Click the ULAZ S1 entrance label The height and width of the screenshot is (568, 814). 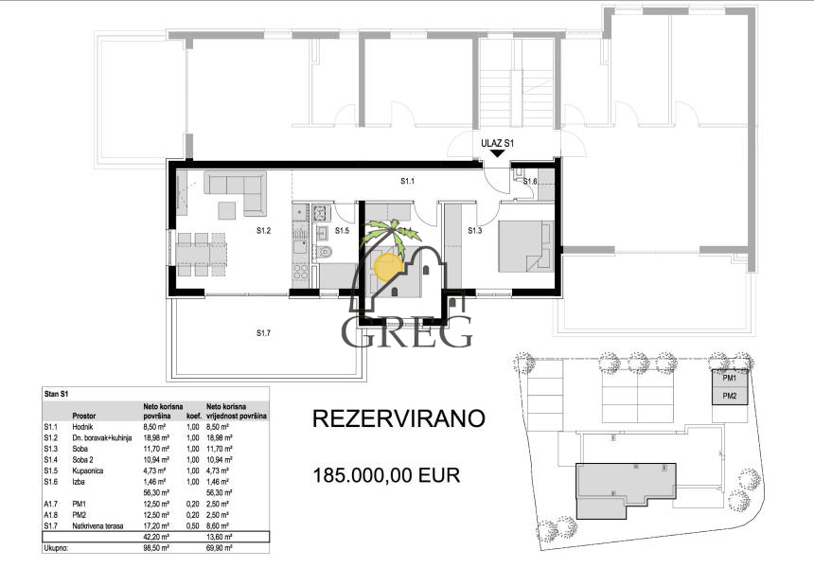coord(498,143)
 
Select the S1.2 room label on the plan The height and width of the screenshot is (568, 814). coord(264,229)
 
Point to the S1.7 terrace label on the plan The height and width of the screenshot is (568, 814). coord(264,332)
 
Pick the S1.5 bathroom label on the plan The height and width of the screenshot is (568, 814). coord(342,229)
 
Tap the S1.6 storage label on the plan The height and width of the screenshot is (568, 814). coord(530,182)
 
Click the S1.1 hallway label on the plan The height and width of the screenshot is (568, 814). coord(408,180)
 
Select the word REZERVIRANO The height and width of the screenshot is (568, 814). coord(399,418)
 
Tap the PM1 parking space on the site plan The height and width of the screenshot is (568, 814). coord(730,378)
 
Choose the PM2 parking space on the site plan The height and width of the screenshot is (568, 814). coord(730,395)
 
